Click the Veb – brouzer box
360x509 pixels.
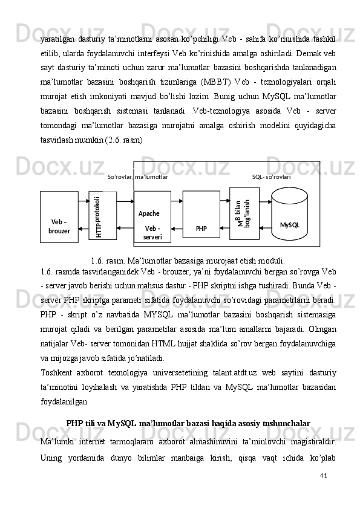coord(59,216)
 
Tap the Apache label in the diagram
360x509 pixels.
coord(149,213)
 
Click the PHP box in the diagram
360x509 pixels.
coord(201,215)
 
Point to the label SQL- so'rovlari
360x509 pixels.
coord(271,177)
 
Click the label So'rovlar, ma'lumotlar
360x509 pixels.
coord(137,177)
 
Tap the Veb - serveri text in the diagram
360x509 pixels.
coord(152,233)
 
